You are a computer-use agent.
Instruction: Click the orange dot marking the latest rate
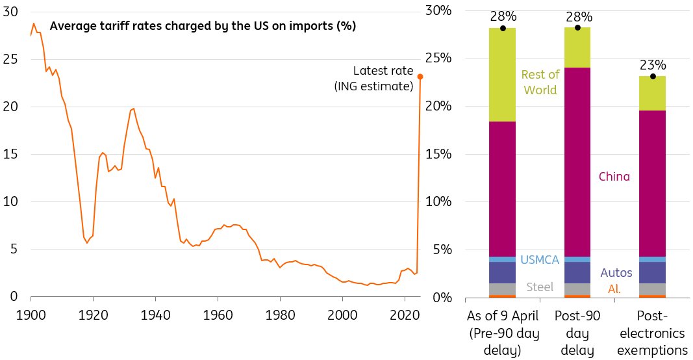420,77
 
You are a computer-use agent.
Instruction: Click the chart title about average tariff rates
203,26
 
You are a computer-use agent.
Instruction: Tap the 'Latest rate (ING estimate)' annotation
383,78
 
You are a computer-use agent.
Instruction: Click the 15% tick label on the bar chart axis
438,155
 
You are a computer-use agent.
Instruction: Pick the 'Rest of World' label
539,83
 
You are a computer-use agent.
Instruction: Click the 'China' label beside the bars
614,177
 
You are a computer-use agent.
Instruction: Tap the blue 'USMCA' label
540,260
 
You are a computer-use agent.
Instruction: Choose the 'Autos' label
616,272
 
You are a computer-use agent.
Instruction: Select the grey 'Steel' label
540,287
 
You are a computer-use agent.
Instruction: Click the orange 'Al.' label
614,289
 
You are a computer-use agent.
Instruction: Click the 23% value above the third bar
653,65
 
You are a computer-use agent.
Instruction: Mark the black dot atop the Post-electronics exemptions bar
653,77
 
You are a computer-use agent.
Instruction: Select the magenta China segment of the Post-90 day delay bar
577,162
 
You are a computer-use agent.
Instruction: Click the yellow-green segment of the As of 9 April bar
503,75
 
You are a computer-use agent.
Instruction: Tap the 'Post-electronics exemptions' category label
653,333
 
